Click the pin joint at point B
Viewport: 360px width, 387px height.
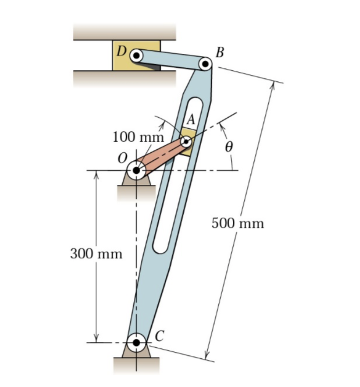205,64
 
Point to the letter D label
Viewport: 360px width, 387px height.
121,50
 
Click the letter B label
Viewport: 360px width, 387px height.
219,52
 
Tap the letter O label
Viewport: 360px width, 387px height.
121,158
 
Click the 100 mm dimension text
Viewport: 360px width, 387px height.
138,136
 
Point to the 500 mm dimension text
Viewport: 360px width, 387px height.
237,223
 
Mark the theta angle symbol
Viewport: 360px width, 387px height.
229,147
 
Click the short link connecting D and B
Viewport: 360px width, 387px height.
171,59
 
